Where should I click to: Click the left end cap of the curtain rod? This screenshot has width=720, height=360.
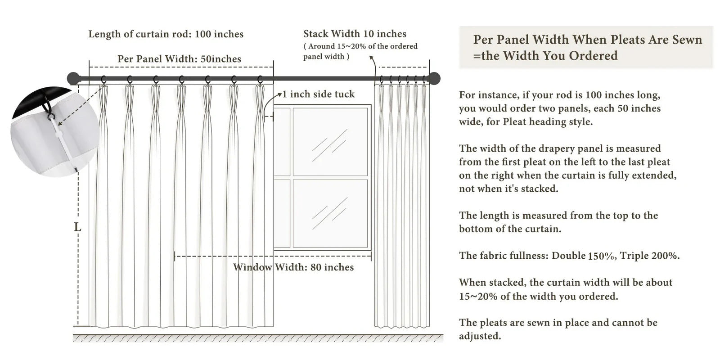click(x=73, y=79)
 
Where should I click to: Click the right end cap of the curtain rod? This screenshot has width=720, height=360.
click(x=434, y=79)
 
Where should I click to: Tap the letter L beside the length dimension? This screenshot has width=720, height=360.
click(x=77, y=228)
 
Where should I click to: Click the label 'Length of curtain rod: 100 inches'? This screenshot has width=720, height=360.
click(x=166, y=34)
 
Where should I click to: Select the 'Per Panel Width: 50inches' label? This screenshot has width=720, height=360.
click(x=179, y=59)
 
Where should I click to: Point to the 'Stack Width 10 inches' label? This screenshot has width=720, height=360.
click(x=355, y=34)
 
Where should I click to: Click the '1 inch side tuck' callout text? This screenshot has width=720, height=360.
click(x=318, y=94)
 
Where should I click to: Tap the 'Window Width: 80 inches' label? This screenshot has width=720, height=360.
click(x=293, y=267)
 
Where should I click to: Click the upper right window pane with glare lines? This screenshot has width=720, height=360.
click(x=330, y=141)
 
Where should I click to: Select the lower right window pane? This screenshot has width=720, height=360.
click(x=330, y=212)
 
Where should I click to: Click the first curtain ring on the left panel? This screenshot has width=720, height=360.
click(x=104, y=80)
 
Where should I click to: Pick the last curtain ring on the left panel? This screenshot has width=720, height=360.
click(x=260, y=80)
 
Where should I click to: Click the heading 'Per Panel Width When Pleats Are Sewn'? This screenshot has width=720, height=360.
click(x=587, y=40)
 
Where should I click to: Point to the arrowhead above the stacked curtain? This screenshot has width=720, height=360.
click(x=371, y=58)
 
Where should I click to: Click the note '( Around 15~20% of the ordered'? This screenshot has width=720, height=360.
click(x=360, y=46)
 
